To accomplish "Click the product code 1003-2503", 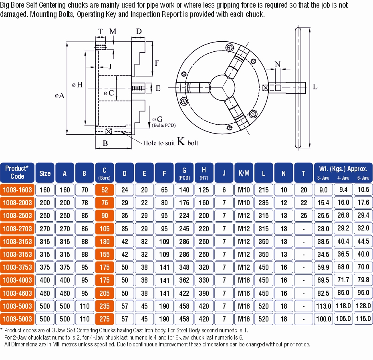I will coord(18,216).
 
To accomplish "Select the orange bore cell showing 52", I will coord(105,190).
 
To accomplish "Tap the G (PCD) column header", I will coord(184,173).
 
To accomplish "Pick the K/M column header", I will coord(244,173).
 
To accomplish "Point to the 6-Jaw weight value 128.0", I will coord(363,306).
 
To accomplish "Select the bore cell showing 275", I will coord(105,319).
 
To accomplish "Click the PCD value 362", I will coord(184,280).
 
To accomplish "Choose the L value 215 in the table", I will coord(264,190).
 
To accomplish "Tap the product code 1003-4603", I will coord(18,293).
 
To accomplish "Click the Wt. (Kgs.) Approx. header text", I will coord(343,169).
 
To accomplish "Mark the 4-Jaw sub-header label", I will coord(343,178).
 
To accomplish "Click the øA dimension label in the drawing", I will coord(59,95).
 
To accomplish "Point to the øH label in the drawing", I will coord(77,85).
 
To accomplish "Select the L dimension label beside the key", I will coord(315,87).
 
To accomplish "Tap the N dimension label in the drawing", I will coord(278,64).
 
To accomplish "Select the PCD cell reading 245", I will coord(184,229).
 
